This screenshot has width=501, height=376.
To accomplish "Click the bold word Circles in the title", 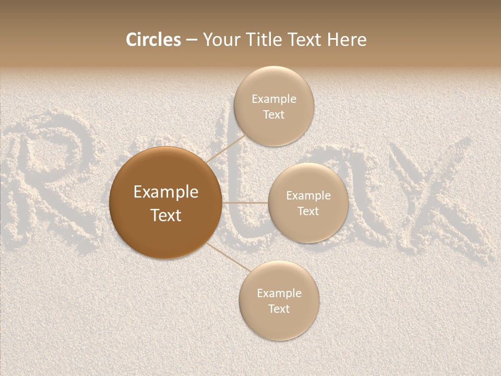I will click(x=153, y=40).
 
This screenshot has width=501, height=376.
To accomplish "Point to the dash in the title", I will click(x=192, y=40).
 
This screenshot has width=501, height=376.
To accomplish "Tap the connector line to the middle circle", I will click(x=245, y=203).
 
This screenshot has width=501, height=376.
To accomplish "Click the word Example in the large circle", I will click(x=166, y=192).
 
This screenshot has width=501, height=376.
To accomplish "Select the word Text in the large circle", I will click(x=166, y=215).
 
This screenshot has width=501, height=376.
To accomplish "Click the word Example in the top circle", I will click(x=274, y=99).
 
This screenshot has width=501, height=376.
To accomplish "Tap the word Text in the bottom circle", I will click(x=279, y=309).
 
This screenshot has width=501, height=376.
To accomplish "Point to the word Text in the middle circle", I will click(x=308, y=211).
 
